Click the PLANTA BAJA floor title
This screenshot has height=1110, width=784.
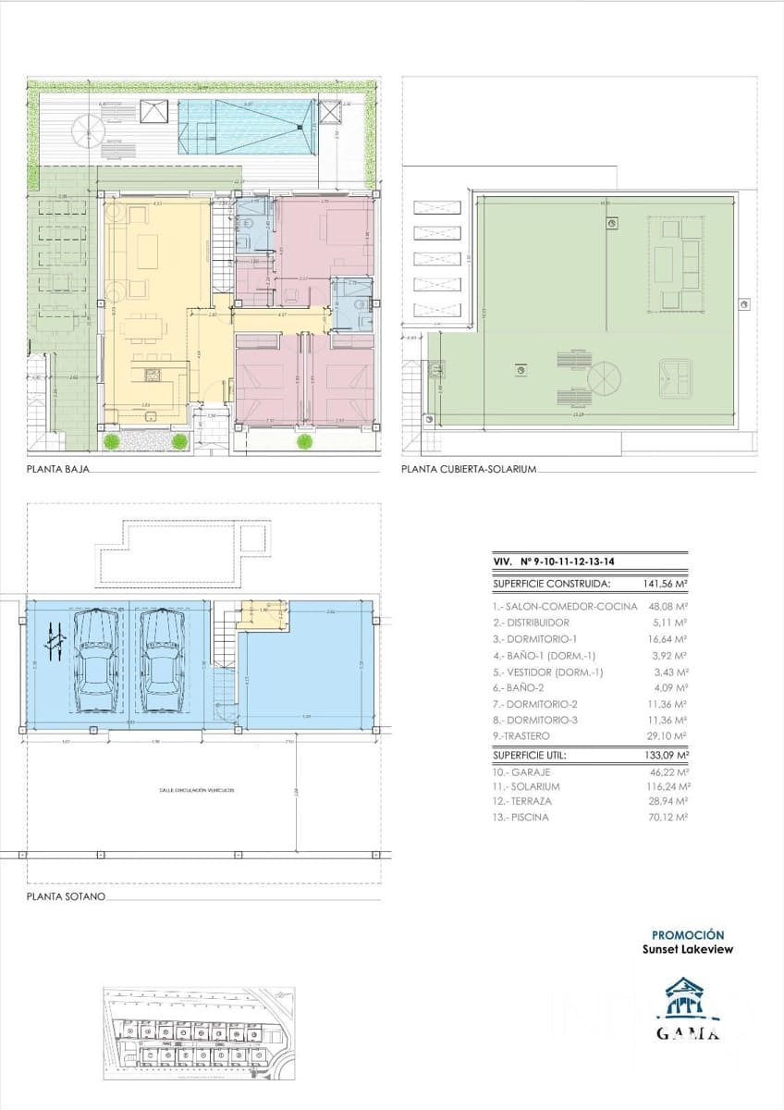click(x=58, y=470)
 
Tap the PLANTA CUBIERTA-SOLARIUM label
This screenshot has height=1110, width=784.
click(x=469, y=470)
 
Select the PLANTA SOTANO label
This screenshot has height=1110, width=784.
click(x=65, y=897)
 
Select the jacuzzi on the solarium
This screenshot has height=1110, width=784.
click(x=680, y=375)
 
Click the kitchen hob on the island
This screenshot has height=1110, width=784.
click(x=153, y=375)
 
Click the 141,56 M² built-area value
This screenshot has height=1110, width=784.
click(x=664, y=585)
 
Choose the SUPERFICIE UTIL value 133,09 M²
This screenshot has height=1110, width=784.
click(x=664, y=754)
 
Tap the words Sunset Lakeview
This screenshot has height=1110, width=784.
click(x=688, y=949)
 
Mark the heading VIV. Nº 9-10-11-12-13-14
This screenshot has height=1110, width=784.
click(x=545, y=561)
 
